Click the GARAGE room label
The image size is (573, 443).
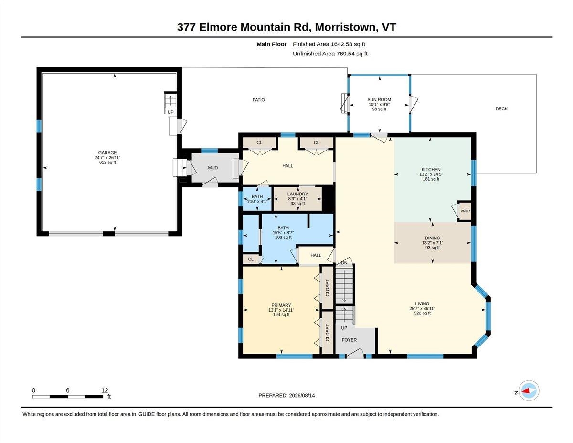click(x=107, y=153)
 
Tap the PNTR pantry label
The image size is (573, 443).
click(x=465, y=211)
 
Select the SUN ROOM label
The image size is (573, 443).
click(x=379, y=100)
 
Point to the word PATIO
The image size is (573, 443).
click(x=258, y=100)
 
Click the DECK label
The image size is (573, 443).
click(x=501, y=108)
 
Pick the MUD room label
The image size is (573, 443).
click(x=213, y=168)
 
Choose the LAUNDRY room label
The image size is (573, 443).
click(x=297, y=194)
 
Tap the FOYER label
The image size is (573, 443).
click(x=349, y=340)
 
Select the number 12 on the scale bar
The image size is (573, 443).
click(x=105, y=390)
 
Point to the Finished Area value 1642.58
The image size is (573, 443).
click(x=341, y=44)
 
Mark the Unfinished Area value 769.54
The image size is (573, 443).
click(x=346, y=54)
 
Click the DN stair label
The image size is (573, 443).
click(x=344, y=263)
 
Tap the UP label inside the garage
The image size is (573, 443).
click(x=170, y=112)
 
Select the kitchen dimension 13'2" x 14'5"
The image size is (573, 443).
click(x=431, y=174)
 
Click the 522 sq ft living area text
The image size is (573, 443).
click(x=422, y=313)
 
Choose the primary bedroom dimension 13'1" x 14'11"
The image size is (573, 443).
click(x=281, y=310)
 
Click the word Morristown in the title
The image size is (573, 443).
click(x=345, y=27)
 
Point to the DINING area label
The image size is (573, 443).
click(x=433, y=238)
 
